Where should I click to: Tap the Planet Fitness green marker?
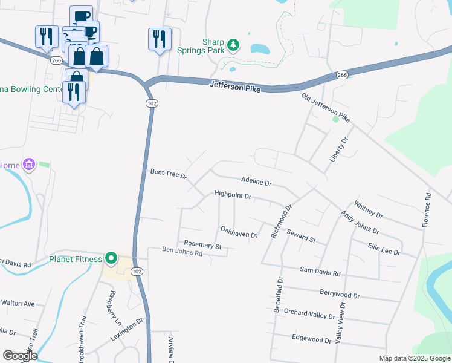pyautogui.click(x=111, y=259)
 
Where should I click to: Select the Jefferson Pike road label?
pyautogui.click(x=234, y=88)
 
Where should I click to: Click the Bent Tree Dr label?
pyautogui.click(x=169, y=175)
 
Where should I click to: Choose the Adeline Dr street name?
pyautogui.click(x=256, y=181)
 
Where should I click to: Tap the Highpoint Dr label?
pyautogui.click(x=232, y=195)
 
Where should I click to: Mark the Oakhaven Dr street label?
pyautogui.click(x=239, y=232)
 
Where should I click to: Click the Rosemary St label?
pyautogui.click(x=203, y=246)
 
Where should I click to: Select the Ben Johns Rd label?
pyautogui.click(x=182, y=250)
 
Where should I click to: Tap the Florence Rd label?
pyautogui.click(x=427, y=210)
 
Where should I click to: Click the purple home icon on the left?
pyautogui.click(x=28, y=165)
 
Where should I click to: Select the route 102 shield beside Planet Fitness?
pyautogui.click(x=137, y=272)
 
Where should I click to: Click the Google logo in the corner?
pyautogui.click(x=20, y=356)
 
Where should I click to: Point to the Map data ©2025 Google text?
pyautogui.click(x=414, y=358)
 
